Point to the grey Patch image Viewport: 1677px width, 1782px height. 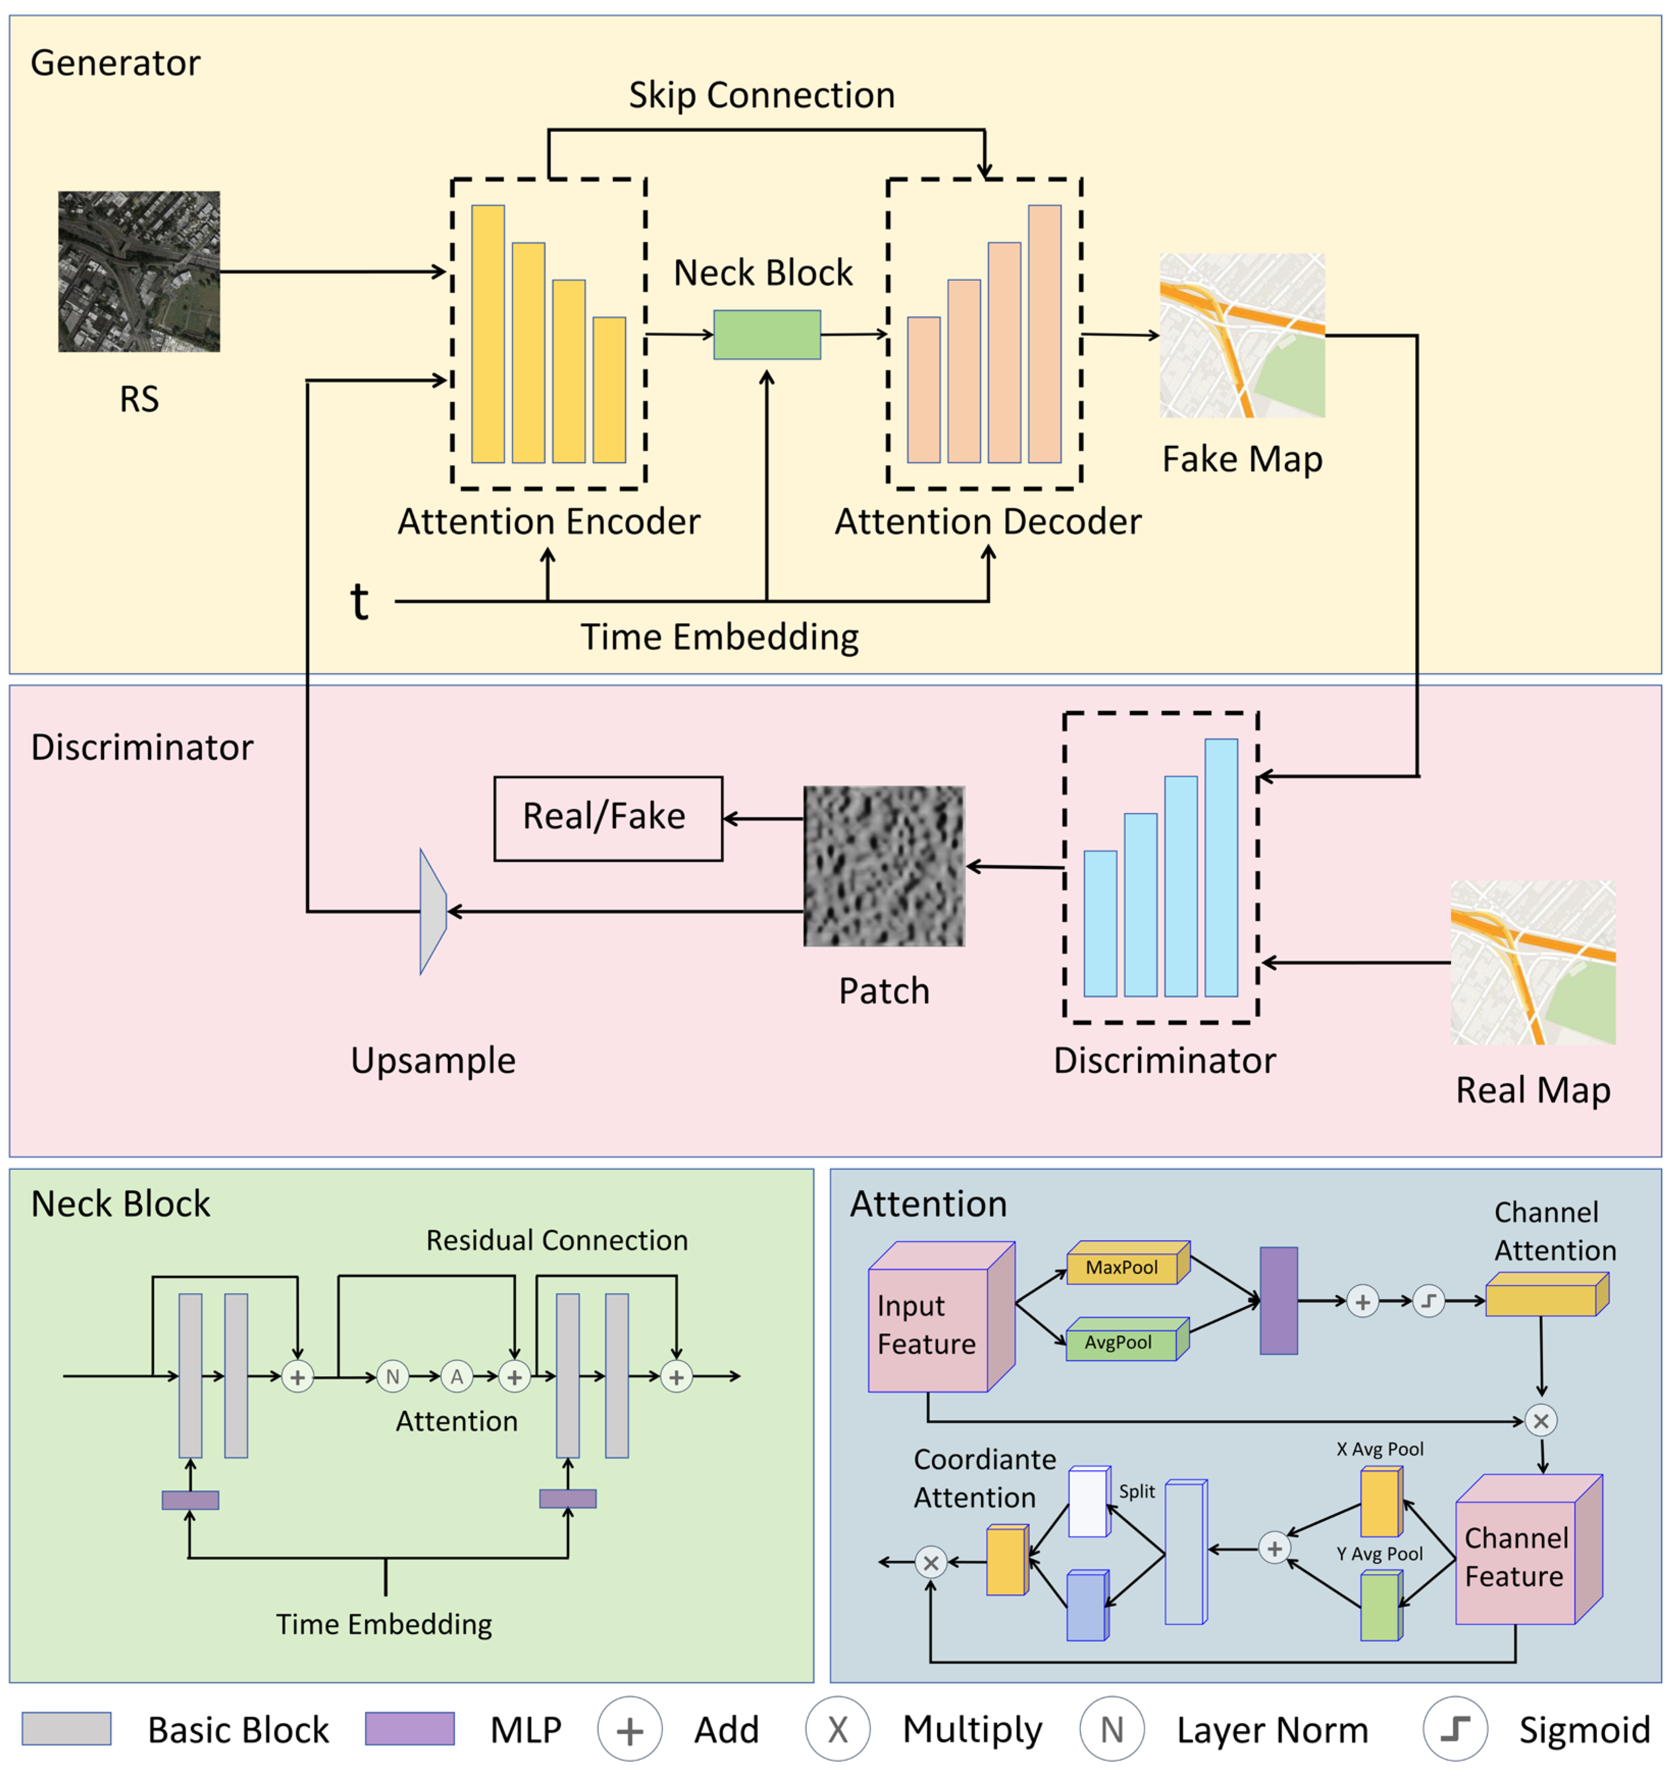pyautogui.click(x=884, y=866)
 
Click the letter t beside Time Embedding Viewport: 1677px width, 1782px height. pyautogui.click(x=359, y=601)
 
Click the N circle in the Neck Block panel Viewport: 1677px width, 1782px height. pyautogui.click(x=392, y=1376)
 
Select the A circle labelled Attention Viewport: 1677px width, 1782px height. pyautogui.click(x=457, y=1376)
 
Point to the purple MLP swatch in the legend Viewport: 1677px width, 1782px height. pyautogui.click(x=410, y=1728)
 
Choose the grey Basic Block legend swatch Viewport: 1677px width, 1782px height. pyautogui.click(x=66, y=1728)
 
